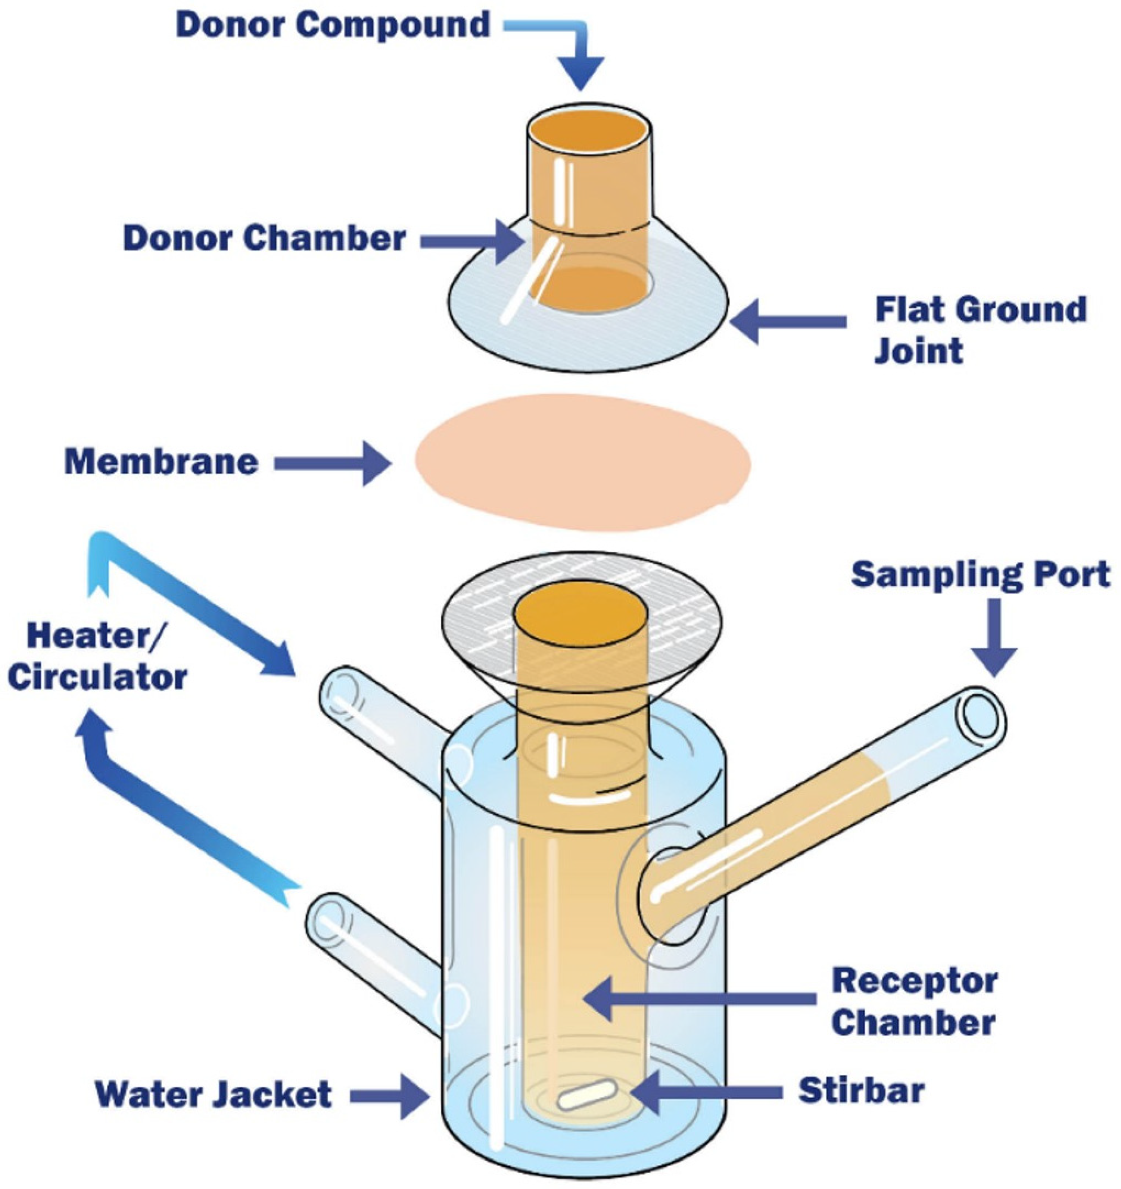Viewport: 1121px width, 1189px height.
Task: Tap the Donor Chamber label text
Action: tap(264, 238)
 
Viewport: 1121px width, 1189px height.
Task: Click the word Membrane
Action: tap(162, 462)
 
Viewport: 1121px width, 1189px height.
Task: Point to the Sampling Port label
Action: tap(980, 575)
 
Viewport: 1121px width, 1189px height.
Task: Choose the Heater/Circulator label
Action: tap(97, 657)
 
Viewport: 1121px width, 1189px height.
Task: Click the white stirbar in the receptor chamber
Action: tap(586, 1095)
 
